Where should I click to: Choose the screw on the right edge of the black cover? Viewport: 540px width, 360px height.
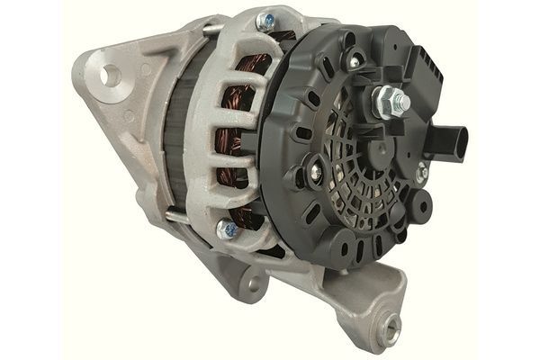[x=419, y=172]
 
